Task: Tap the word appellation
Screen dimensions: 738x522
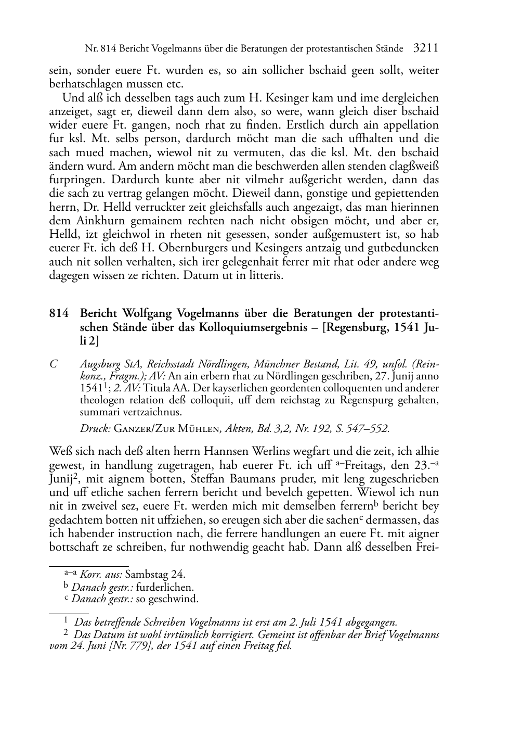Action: click(x=411, y=125)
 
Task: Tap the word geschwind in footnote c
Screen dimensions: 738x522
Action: click(x=176, y=599)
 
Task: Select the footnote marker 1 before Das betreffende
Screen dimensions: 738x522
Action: click(x=66, y=621)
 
